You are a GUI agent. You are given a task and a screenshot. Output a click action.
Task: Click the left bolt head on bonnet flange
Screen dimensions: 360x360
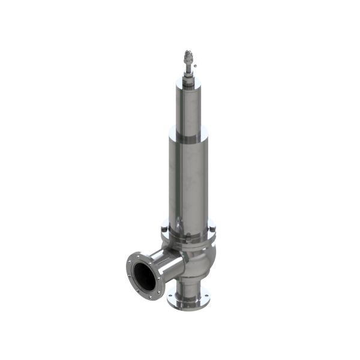coord(164,228)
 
